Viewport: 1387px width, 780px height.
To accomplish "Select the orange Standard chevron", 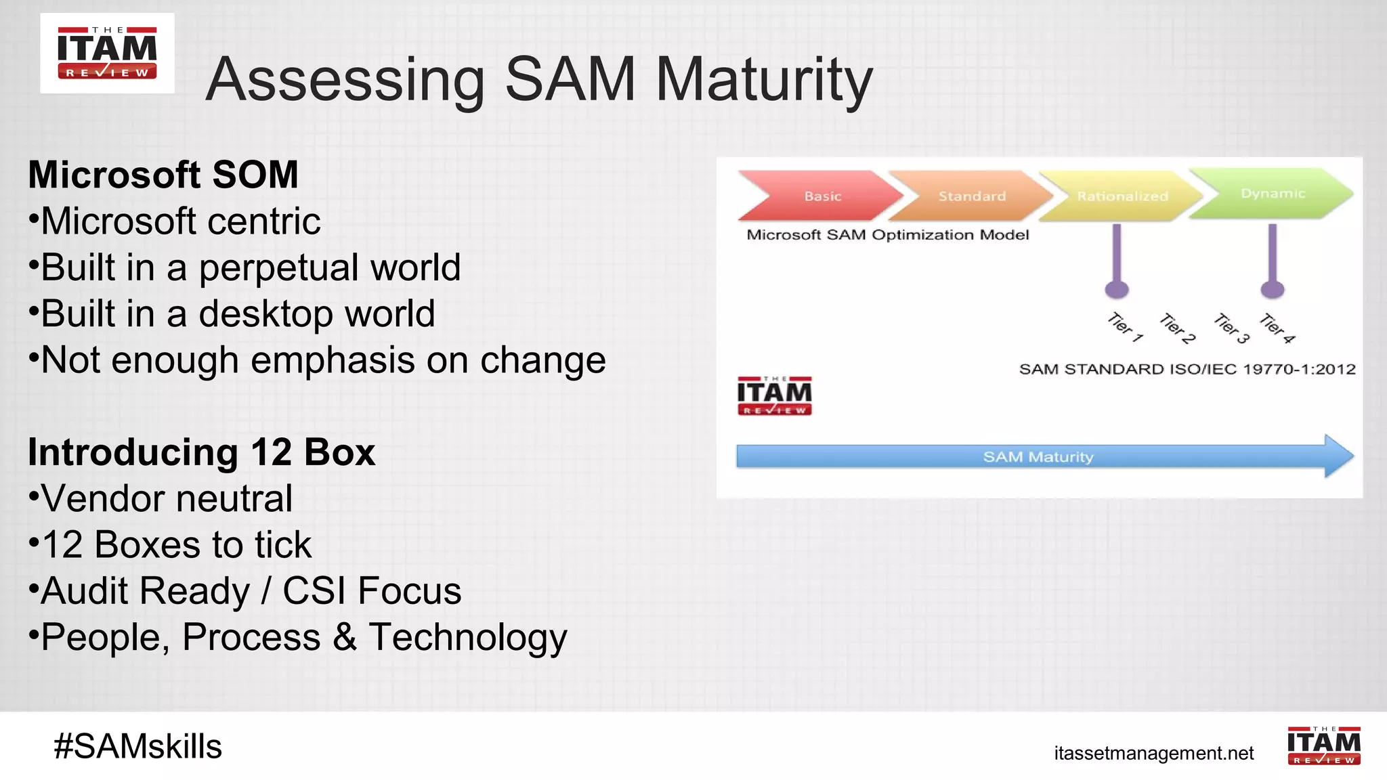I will pos(971,196).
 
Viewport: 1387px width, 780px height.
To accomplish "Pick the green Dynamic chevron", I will pos(1272,193).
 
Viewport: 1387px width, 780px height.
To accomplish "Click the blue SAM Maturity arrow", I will pos(1038,457).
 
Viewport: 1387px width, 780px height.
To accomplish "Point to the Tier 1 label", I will pos(1125,328).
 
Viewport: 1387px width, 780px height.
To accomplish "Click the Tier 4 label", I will pos(1277,329).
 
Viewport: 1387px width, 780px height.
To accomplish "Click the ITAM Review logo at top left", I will pos(107,53).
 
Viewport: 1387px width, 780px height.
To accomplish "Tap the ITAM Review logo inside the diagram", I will pos(774,396).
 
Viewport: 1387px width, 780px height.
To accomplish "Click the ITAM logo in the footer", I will pos(1323,745).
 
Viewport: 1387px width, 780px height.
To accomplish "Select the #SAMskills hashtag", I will pos(138,746).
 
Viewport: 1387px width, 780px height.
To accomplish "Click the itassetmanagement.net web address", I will pos(1153,753).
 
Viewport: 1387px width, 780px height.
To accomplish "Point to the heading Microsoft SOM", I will pos(163,175).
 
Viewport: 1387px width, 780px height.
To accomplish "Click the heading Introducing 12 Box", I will pos(201,452).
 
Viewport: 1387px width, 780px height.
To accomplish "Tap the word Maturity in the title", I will pos(764,80).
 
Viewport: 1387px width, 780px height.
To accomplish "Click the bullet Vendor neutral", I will pos(167,498).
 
